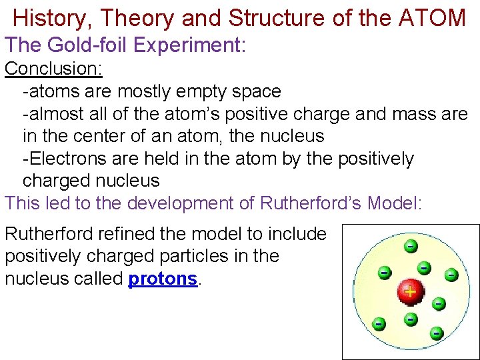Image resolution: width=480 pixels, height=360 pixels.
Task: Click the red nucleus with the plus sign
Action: [x=409, y=291]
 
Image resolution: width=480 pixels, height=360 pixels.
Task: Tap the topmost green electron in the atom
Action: [x=411, y=246]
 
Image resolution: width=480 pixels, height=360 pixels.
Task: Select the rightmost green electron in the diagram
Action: [x=451, y=273]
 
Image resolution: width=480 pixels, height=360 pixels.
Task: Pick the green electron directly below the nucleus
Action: [x=411, y=319]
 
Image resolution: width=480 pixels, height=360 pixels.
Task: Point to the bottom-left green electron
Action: [x=379, y=324]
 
